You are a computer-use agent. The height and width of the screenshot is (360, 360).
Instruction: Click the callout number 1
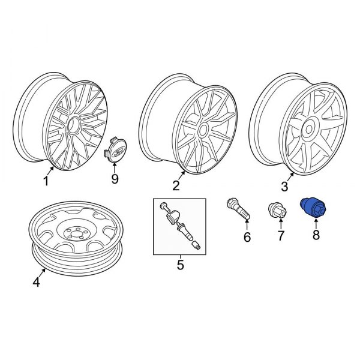(45, 181)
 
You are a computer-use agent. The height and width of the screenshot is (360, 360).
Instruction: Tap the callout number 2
(176, 185)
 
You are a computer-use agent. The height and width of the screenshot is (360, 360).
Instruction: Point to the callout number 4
(36, 282)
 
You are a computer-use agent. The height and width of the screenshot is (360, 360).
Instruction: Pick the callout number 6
(246, 239)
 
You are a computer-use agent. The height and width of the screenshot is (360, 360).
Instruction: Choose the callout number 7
(279, 239)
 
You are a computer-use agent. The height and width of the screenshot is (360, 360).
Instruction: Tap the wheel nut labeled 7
(276, 211)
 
